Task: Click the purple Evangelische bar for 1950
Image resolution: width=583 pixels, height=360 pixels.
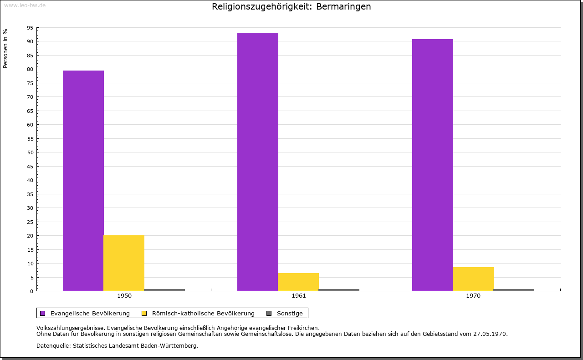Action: [x=83, y=181]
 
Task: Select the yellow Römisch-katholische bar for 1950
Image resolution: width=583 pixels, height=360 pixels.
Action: [x=124, y=263]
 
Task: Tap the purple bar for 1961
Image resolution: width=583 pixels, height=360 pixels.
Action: [x=258, y=162]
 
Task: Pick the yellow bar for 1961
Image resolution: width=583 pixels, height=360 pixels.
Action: [x=298, y=282]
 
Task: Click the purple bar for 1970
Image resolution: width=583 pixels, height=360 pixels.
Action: [x=433, y=165]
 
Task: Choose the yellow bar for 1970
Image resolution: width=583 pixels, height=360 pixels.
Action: [x=473, y=279]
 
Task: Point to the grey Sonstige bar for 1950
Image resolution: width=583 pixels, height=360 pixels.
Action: [x=164, y=290]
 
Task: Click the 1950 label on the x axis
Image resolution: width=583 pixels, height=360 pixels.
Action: [x=124, y=296]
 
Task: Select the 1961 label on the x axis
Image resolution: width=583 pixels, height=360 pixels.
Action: [x=299, y=296]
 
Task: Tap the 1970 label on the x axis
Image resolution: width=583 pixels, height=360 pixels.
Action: [x=473, y=296]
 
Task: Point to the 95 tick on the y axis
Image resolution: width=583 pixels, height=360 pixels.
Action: [x=30, y=28]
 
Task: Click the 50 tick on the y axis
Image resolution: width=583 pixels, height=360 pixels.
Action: [x=30, y=152]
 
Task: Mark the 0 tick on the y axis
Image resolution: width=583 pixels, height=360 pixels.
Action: [x=31, y=291]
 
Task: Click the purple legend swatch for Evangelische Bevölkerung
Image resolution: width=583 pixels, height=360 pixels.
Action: [x=43, y=314]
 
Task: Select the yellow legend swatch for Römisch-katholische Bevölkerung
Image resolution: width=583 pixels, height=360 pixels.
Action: [x=144, y=314]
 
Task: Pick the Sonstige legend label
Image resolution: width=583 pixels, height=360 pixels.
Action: [x=290, y=314]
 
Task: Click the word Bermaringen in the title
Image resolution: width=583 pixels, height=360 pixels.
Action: [x=343, y=7]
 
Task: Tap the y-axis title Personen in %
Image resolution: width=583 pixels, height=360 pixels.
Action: [x=5, y=48]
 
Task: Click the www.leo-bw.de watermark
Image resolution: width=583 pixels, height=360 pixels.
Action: [x=25, y=5]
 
